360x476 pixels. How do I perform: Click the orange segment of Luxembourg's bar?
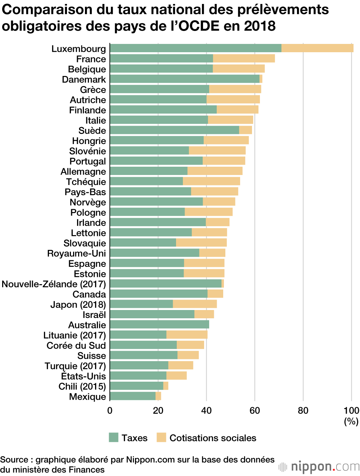click(317, 48)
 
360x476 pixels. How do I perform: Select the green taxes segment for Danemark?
click(185, 79)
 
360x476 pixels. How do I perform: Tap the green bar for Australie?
click(159, 325)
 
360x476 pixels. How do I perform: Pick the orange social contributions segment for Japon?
click(195, 304)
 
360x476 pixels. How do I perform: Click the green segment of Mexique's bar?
click(132, 396)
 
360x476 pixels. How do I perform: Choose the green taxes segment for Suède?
click(175, 130)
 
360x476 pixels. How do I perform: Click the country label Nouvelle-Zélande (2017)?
click(54, 284)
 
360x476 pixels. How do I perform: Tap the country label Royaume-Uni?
click(77, 253)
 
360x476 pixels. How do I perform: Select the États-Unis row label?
click(84, 376)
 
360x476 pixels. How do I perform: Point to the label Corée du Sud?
click(76, 346)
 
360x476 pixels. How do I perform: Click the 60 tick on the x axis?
click(255, 411)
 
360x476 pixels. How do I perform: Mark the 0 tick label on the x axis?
click(110, 411)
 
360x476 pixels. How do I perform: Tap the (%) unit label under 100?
click(351, 421)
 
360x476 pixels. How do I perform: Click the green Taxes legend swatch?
click(114, 438)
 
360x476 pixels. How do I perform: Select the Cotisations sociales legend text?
click(213, 438)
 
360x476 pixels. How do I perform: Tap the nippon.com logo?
click(319, 467)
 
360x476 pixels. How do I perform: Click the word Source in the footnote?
click(14, 460)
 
